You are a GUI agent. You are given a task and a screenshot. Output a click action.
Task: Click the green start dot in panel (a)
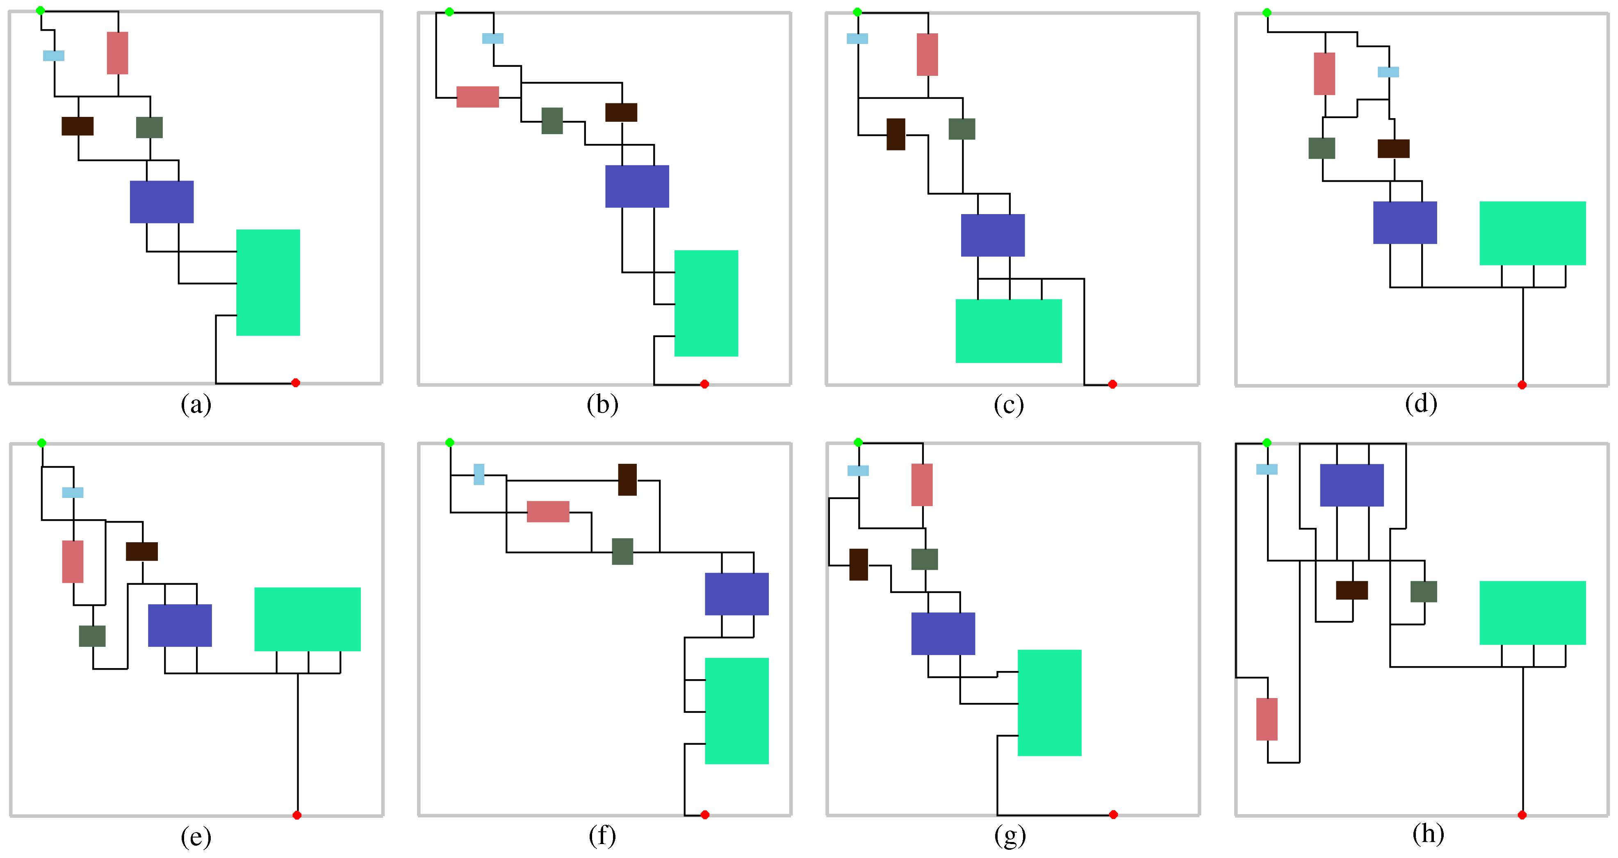[x=40, y=11]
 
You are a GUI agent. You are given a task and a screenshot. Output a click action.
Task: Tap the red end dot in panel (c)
[x=1112, y=384]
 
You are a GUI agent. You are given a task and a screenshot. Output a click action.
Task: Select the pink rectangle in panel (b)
[x=477, y=97]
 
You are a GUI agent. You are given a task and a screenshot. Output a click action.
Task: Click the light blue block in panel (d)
[x=1388, y=72]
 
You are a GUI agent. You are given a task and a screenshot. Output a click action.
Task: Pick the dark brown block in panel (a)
[x=77, y=126]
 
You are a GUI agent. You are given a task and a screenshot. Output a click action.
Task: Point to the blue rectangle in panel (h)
[x=1352, y=485]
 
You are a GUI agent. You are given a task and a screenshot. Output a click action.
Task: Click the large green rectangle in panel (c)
[x=1009, y=331]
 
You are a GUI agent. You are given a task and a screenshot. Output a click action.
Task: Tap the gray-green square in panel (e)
[x=92, y=636]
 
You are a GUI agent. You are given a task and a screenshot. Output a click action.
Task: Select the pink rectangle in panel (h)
[x=1267, y=719]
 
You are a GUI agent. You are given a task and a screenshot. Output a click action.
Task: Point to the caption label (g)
[x=1010, y=836]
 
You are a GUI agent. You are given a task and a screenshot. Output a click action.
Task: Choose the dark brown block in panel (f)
[x=627, y=480]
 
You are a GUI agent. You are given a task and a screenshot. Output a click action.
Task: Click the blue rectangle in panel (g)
[x=943, y=634]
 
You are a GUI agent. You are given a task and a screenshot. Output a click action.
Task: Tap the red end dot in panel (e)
[x=297, y=815]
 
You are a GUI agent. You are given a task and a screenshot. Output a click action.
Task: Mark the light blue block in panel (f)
[x=479, y=474]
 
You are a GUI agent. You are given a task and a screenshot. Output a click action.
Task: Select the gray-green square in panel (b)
[x=552, y=121]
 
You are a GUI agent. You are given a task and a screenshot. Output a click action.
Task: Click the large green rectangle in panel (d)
[x=1533, y=233]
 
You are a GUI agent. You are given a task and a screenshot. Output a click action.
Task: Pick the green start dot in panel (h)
[x=1267, y=443]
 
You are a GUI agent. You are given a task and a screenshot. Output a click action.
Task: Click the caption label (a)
[x=196, y=404]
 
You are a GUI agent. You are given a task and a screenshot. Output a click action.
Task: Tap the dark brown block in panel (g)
[x=859, y=565]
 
